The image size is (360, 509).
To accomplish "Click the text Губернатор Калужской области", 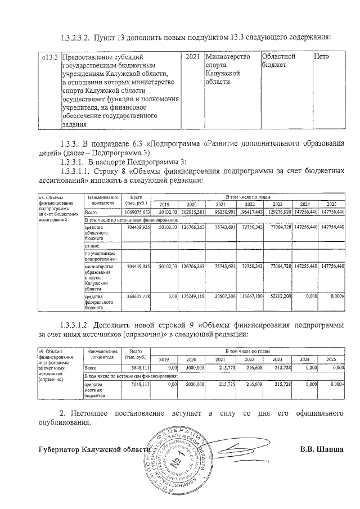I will [x=94, y=450].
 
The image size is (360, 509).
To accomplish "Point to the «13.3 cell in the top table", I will [x=51, y=57].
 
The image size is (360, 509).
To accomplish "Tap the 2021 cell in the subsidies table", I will [x=193, y=57].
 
